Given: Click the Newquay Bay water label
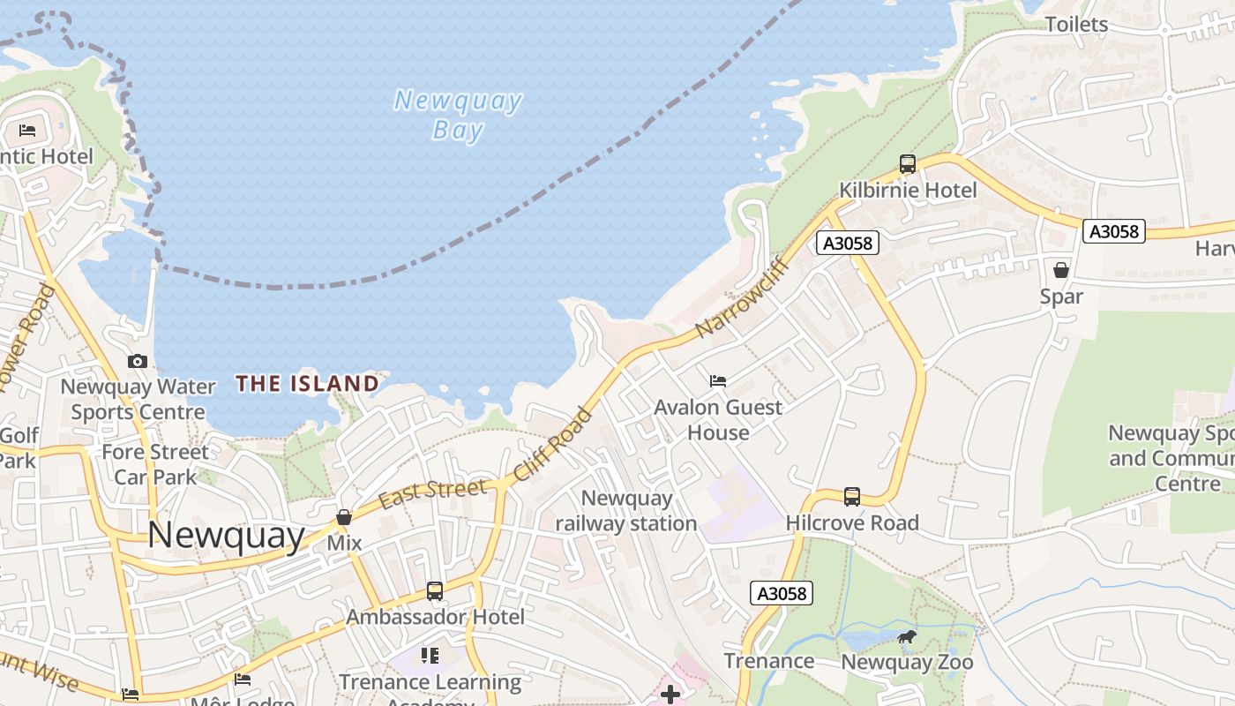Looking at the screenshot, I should point(458,115).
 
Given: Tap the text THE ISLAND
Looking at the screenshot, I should point(307,383).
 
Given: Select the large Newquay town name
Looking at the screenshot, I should point(226,535).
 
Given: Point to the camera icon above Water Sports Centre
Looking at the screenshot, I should point(138,361).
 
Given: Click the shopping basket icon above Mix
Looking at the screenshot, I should point(344,517).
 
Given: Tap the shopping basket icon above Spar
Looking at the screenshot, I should point(1060,269).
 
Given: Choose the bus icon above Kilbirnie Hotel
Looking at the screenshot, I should point(907,163).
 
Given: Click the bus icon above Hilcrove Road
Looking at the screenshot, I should point(851,496).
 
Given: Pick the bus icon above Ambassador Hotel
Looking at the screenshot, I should point(435,590).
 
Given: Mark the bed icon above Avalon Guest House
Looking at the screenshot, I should point(718,380).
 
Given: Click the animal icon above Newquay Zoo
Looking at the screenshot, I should point(906,636).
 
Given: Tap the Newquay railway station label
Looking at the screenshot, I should point(626,511).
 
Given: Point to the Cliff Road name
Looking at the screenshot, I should point(553,444).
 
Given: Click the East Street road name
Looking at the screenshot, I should point(432,493).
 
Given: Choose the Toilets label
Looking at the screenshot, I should point(1076,24).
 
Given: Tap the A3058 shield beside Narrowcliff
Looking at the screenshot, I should point(847,243).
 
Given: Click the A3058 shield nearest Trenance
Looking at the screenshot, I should point(782,593).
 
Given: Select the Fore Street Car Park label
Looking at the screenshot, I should point(155,464).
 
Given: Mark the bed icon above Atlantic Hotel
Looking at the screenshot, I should point(27,131).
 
